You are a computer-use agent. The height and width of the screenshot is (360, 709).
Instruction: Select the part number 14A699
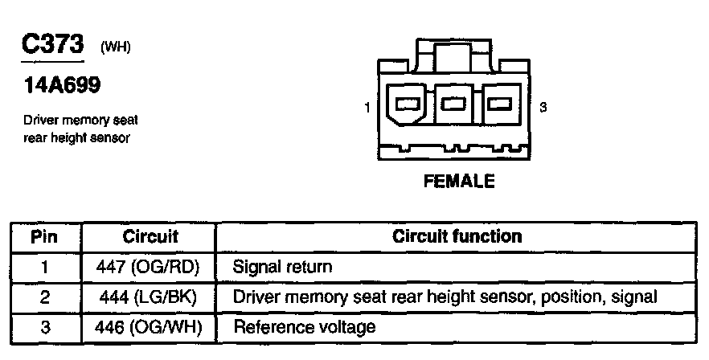[55, 86]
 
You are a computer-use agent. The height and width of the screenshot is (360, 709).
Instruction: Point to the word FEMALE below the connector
[458, 182]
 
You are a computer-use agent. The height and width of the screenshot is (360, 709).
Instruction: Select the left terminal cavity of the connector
[408, 104]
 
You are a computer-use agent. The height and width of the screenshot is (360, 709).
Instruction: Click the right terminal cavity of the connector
[500, 104]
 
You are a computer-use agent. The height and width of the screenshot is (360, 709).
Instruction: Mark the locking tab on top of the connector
[454, 57]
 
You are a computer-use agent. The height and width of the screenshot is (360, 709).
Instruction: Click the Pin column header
[45, 237]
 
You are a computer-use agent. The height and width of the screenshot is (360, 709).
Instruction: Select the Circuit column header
[150, 237]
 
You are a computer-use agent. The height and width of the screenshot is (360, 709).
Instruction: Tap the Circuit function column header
[457, 237]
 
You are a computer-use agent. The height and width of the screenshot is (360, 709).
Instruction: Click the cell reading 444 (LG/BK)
[150, 297]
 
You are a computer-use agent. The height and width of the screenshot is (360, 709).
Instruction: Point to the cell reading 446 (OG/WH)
[150, 328]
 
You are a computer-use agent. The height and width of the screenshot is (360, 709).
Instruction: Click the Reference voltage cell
[304, 328]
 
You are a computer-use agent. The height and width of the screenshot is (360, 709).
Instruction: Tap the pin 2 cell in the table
[45, 297]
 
